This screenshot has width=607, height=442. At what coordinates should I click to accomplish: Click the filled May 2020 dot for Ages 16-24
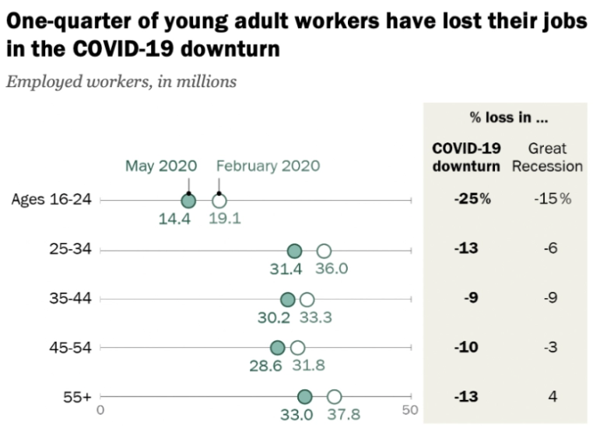click(x=188, y=201)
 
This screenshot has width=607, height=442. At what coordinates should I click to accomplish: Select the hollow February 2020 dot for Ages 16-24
click(x=219, y=201)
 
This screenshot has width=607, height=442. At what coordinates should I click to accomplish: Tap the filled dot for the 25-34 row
click(x=294, y=251)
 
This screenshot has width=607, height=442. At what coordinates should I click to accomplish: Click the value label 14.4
click(x=175, y=219)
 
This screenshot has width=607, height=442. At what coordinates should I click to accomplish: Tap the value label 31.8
click(x=307, y=366)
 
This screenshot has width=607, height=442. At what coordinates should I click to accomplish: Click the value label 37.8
click(x=342, y=415)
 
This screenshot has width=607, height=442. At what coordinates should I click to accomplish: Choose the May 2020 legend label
click(x=161, y=166)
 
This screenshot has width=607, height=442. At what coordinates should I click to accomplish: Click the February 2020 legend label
click(x=268, y=166)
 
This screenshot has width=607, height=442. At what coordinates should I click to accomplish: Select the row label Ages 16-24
click(x=51, y=200)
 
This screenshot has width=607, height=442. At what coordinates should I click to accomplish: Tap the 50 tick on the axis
click(x=410, y=409)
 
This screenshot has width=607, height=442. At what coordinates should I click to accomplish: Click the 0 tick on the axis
click(x=100, y=409)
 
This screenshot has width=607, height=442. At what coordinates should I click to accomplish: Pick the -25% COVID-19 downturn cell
click(x=472, y=199)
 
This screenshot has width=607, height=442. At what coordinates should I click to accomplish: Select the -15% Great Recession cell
click(x=552, y=199)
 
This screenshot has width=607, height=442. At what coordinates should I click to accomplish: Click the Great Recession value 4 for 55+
click(x=552, y=397)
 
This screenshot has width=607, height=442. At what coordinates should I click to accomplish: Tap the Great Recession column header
click(x=547, y=157)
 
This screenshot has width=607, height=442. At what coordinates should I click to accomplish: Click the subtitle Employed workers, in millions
click(x=121, y=82)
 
